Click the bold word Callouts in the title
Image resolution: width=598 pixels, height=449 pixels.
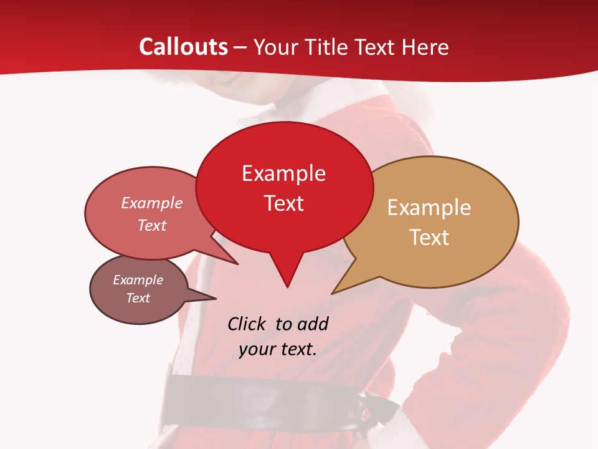coord(183,47)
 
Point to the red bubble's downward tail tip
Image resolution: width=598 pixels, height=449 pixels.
coord(287,287)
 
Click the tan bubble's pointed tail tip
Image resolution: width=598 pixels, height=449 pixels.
coord(332,293)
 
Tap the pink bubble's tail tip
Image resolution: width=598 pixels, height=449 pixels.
coord(237,264)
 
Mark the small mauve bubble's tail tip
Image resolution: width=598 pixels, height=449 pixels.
coord(216,297)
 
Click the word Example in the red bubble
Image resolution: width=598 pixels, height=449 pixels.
coord(283,173)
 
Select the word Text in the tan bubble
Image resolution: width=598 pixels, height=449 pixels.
coord(429,238)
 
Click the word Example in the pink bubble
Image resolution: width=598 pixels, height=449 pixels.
coord(151,203)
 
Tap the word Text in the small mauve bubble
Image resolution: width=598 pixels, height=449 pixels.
coord(138,298)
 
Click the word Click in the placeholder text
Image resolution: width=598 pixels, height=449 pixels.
coord(246,324)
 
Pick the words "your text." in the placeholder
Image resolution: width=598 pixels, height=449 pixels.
coord(278,349)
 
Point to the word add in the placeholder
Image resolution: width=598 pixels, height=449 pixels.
coord(312,324)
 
